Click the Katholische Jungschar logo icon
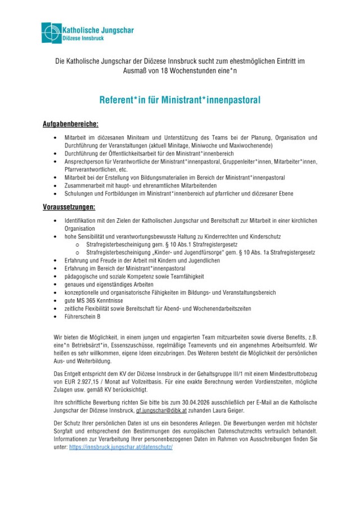pos(51,33)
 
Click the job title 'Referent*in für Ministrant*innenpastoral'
pos(180,101)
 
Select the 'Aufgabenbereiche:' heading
pos(70,124)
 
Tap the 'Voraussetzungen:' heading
pos(69,208)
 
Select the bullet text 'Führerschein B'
pos(83,317)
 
